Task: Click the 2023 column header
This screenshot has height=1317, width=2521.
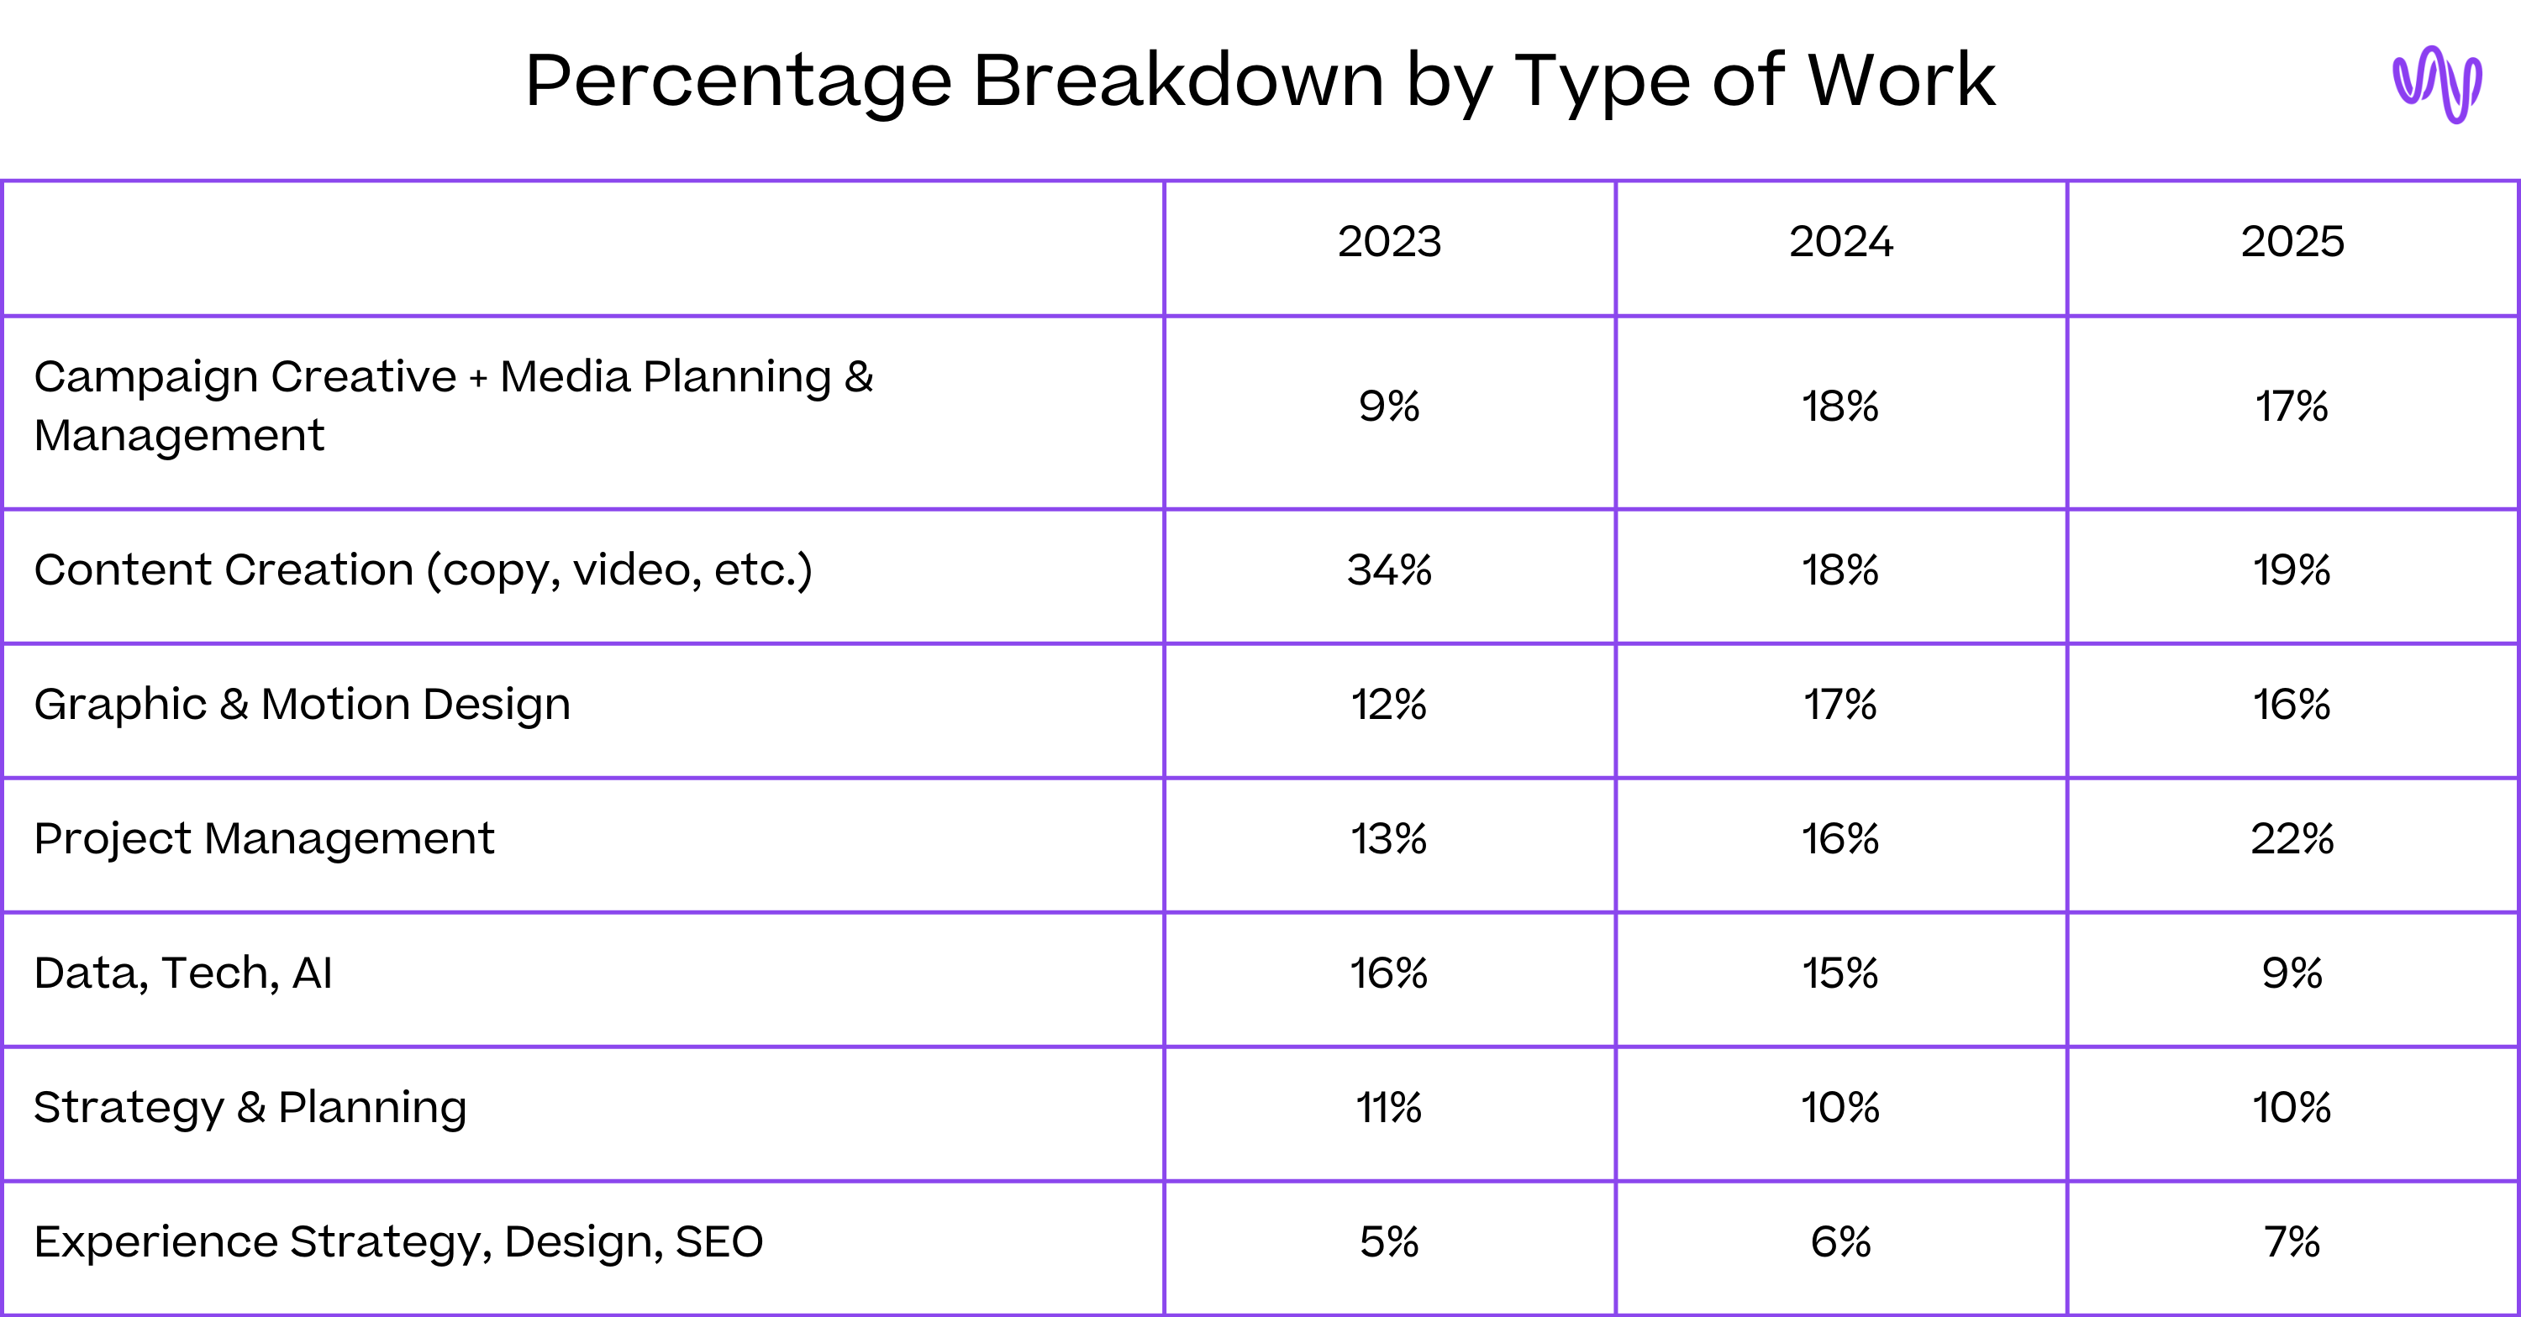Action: click(1389, 242)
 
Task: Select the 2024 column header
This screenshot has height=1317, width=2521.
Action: click(1841, 242)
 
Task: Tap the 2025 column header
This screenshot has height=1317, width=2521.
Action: click(2292, 242)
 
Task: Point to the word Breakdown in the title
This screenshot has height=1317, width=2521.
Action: click(1177, 81)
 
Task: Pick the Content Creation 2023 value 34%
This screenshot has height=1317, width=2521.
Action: click(1389, 569)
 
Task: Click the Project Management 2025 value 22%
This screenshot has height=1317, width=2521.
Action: click(2292, 838)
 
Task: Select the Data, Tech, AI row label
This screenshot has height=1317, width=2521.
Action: click(183, 973)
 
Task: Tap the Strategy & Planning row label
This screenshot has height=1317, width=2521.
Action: click(250, 1108)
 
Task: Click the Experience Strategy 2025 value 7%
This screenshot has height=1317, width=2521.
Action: click(2292, 1241)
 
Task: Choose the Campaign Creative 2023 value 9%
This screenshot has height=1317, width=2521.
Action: click(1389, 406)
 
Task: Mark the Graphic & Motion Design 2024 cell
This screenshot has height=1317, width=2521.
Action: click(1841, 705)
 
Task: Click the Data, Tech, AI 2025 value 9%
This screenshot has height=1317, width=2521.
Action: click(2292, 973)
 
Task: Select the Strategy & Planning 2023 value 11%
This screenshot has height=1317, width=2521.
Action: click(1389, 1108)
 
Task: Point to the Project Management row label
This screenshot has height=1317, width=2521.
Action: click(263, 838)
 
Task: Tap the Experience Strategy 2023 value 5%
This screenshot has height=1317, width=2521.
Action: click(1389, 1241)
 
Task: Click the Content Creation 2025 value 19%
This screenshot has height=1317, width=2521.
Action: click(2292, 569)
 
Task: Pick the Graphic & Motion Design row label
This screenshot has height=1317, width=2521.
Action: click(302, 705)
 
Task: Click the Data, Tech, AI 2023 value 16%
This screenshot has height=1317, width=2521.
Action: click(1389, 973)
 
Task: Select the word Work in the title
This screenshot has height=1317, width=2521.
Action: click(1901, 81)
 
